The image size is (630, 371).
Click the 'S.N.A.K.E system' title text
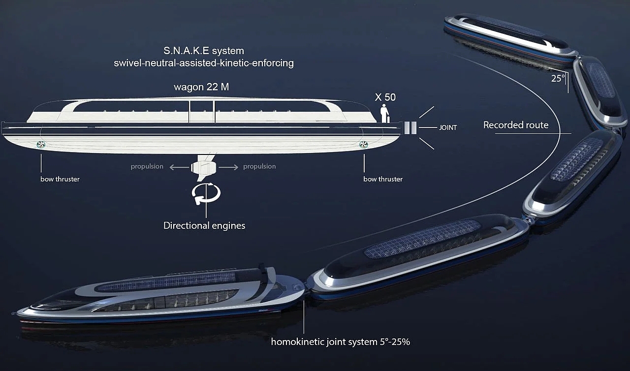(x=204, y=51)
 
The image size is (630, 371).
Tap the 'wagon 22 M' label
(x=201, y=87)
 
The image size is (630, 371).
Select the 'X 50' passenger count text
(x=385, y=97)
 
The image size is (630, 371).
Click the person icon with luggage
(x=384, y=114)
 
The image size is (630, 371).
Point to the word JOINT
(x=448, y=128)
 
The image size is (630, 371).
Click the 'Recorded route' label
(x=516, y=125)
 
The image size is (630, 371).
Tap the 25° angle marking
(x=558, y=78)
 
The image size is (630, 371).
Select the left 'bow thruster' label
(x=60, y=179)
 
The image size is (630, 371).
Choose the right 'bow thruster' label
(x=383, y=179)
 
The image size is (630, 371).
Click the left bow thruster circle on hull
(x=41, y=144)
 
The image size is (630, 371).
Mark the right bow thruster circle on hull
(x=364, y=144)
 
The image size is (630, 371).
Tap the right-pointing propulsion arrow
(x=227, y=167)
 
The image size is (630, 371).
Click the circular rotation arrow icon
(x=206, y=193)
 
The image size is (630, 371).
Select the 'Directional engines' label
(x=204, y=226)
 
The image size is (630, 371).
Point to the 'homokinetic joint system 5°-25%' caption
(x=341, y=341)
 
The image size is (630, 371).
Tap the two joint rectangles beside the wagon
(x=410, y=128)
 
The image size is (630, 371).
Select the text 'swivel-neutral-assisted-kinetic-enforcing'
(x=204, y=63)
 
